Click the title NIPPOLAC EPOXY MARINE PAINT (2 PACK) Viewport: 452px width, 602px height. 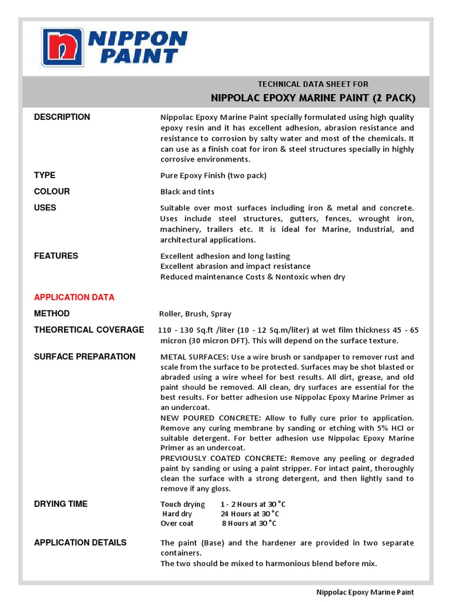[x=313, y=98]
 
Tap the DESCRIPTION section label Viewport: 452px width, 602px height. [x=62, y=117]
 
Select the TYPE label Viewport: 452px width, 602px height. [x=45, y=175]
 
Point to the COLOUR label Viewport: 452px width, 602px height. [x=52, y=192]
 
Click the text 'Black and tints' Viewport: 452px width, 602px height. [x=187, y=192]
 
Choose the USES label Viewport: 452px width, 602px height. [x=45, y=208]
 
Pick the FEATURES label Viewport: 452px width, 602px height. [x=56, y=256]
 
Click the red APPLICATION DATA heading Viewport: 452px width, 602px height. [x=74, y=297]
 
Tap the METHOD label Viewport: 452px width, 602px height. [x=52, y=314]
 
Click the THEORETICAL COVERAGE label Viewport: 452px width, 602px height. [x=89, y=330]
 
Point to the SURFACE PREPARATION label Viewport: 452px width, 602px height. [x=85, y=357]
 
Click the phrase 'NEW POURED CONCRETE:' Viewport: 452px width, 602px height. [x=201, y=418]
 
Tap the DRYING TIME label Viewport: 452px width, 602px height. [x=61, y=504]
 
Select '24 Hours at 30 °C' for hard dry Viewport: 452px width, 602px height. [x=246, y=514]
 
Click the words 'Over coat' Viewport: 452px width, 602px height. [x=177, y=523]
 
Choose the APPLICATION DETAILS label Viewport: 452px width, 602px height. [x=80, y=543]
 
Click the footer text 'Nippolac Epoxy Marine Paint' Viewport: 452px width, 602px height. [x=365, y=593]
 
